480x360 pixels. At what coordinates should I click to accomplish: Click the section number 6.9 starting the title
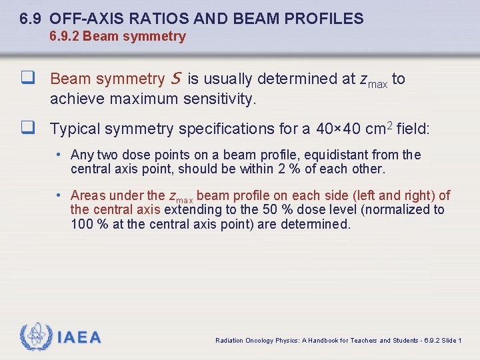point(31,19)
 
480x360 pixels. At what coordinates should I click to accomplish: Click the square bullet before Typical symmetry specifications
point(28,128)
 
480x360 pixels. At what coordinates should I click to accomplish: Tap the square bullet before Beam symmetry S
point(28,79)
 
